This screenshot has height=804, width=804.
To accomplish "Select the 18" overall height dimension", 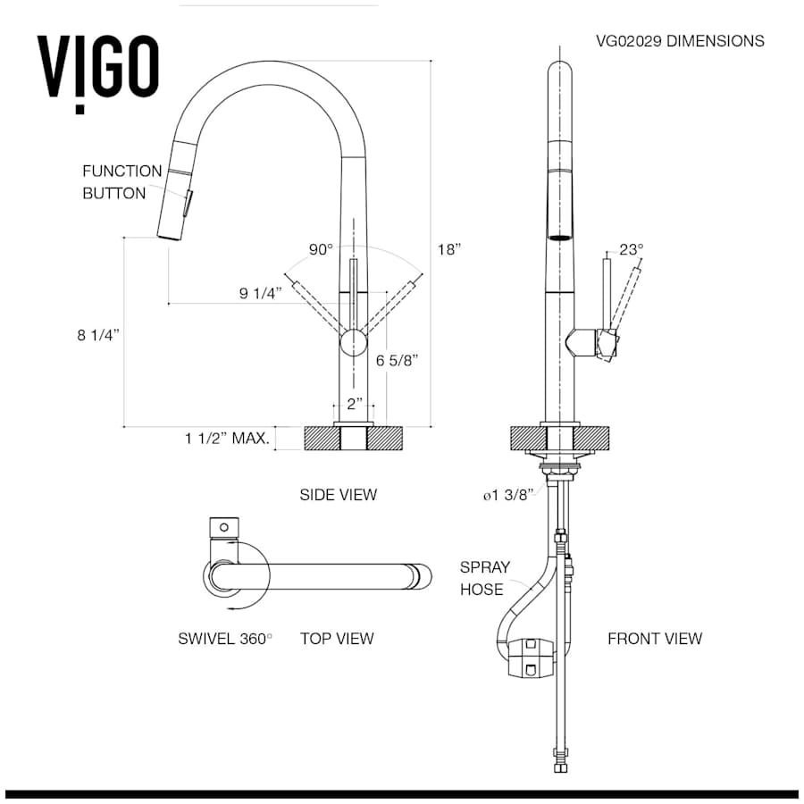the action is click(449, 250).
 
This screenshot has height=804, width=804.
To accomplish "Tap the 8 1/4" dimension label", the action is click(98, 335).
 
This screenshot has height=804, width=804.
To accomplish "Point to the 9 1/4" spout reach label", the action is click(261, 293).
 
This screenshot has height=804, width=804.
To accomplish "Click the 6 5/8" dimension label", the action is click(397, 361).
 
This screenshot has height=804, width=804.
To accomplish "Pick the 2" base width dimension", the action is click(355, 404).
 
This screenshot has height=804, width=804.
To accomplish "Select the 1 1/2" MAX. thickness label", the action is click(227, 439).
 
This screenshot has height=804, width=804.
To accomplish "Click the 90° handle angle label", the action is click(321, 250).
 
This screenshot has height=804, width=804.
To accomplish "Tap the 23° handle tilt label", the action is click(632, 249).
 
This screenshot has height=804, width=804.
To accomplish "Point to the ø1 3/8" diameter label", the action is click(508, 495).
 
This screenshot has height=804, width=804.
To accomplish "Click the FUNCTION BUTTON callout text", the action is click(122, 182).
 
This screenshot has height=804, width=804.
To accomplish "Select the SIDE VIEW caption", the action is click(339, 495).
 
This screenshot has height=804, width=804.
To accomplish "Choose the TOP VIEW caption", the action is click(337, 639).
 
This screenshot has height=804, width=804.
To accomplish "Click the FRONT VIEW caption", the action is click(655, 639).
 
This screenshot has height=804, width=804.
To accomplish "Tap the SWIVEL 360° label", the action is click(225, 639).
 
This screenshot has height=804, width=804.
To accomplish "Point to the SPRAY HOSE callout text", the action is click(485, 578).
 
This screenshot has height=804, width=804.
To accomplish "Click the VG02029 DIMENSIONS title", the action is click(680, 41).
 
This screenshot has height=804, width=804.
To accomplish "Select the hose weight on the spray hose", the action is click(532, 657).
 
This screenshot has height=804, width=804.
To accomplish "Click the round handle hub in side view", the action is click(353, 343).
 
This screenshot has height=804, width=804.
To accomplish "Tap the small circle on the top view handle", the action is click(224, 527).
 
